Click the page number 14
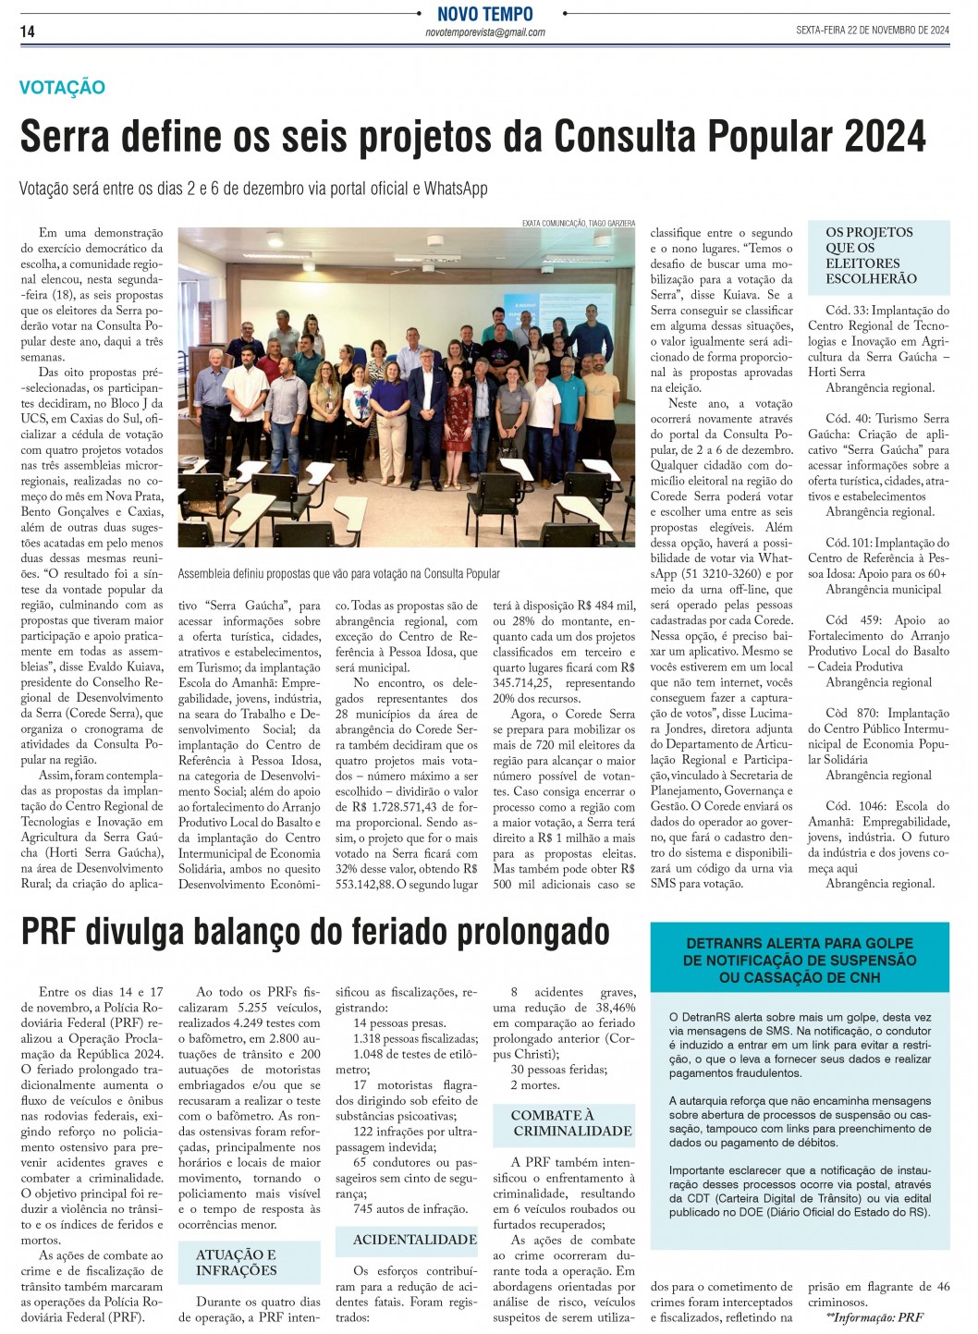click(28, 31)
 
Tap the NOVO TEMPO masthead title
click(485, 14)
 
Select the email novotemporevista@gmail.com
click(485, 32)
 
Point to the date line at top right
click(872, 31)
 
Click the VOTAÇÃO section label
click(62, 88)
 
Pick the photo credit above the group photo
click(578, 223)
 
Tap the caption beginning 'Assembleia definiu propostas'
click(338, 574)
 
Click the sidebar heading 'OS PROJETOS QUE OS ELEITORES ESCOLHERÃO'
click(871, 255)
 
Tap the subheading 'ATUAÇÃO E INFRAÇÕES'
click(236, 1262)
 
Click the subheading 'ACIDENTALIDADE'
click(415, 1240)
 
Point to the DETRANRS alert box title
click(800, 960)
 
